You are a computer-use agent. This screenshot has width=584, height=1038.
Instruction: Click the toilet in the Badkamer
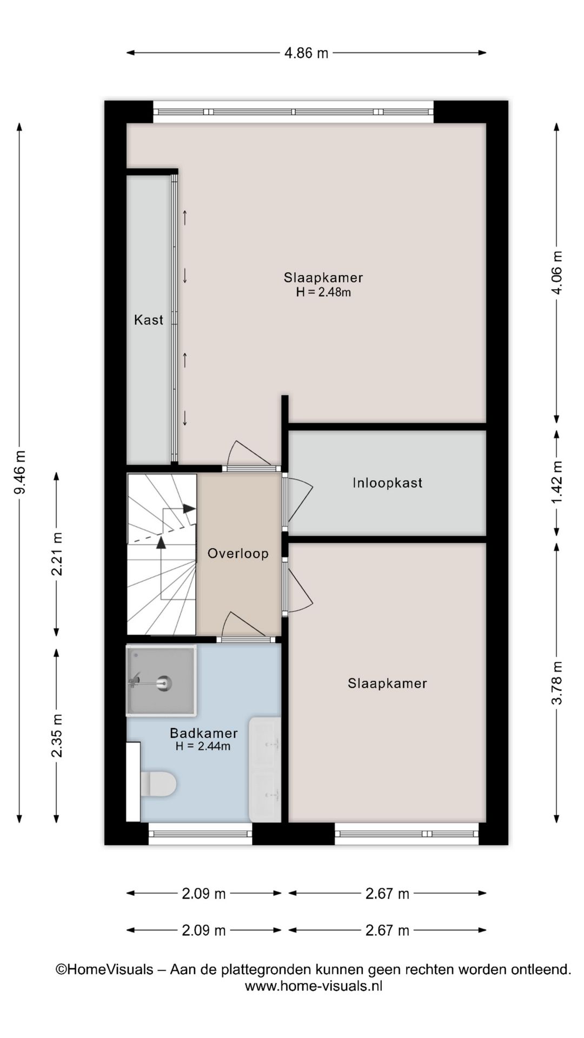[158, 783]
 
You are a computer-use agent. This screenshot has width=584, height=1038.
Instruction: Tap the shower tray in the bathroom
[161, 681]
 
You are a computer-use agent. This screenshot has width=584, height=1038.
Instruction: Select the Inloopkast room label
[387, 483]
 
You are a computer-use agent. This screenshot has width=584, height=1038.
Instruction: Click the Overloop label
[238, 554]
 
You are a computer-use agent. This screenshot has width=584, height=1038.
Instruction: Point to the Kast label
[149, 320]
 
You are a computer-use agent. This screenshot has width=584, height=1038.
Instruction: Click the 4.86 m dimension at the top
[306, 53]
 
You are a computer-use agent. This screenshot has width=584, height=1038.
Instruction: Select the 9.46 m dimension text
[19, 473]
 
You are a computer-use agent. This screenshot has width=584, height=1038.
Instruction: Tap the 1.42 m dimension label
[556, 482]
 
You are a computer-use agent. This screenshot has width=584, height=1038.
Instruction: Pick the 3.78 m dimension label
[556, 683]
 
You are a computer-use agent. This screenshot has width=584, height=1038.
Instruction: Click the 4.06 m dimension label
[556, 273]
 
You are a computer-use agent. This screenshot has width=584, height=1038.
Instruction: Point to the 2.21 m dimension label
[57, 554]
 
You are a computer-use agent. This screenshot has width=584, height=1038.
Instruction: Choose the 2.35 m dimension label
[57, 736]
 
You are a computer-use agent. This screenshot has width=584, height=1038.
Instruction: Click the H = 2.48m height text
[323, 292]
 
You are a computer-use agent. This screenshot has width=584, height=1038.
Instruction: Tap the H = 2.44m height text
[203, 747]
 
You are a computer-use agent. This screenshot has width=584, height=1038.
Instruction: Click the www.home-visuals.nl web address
[314, 986]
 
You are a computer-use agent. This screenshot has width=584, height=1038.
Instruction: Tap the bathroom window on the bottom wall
[200, 834]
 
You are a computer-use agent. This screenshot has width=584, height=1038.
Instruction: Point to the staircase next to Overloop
[162, 554]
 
